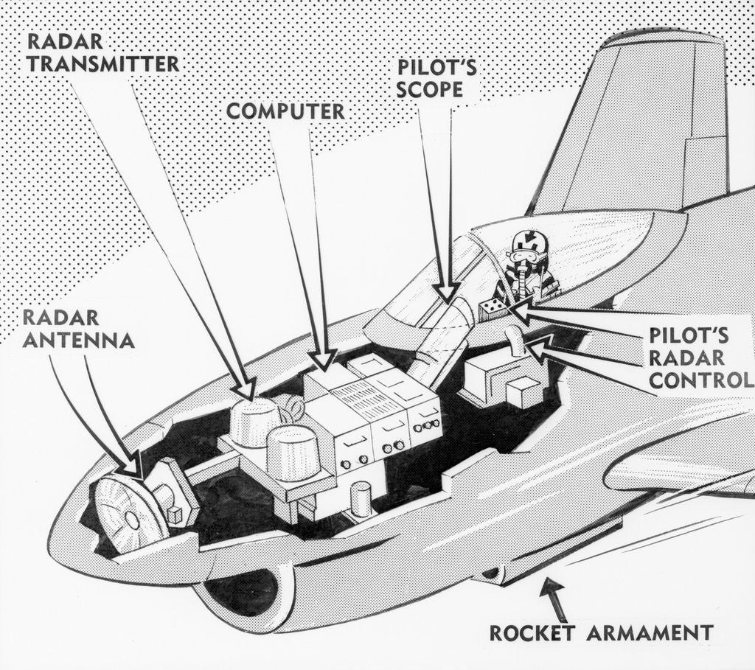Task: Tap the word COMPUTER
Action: click(x=285, y=111)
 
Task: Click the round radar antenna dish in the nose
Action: click(x=131, y=514)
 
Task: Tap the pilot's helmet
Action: click(x=529, y=244)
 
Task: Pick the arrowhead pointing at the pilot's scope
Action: click(x=445, y=293)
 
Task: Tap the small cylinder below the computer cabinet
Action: click(x=360, y=500)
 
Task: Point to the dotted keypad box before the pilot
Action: click(x=493, y=310)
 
